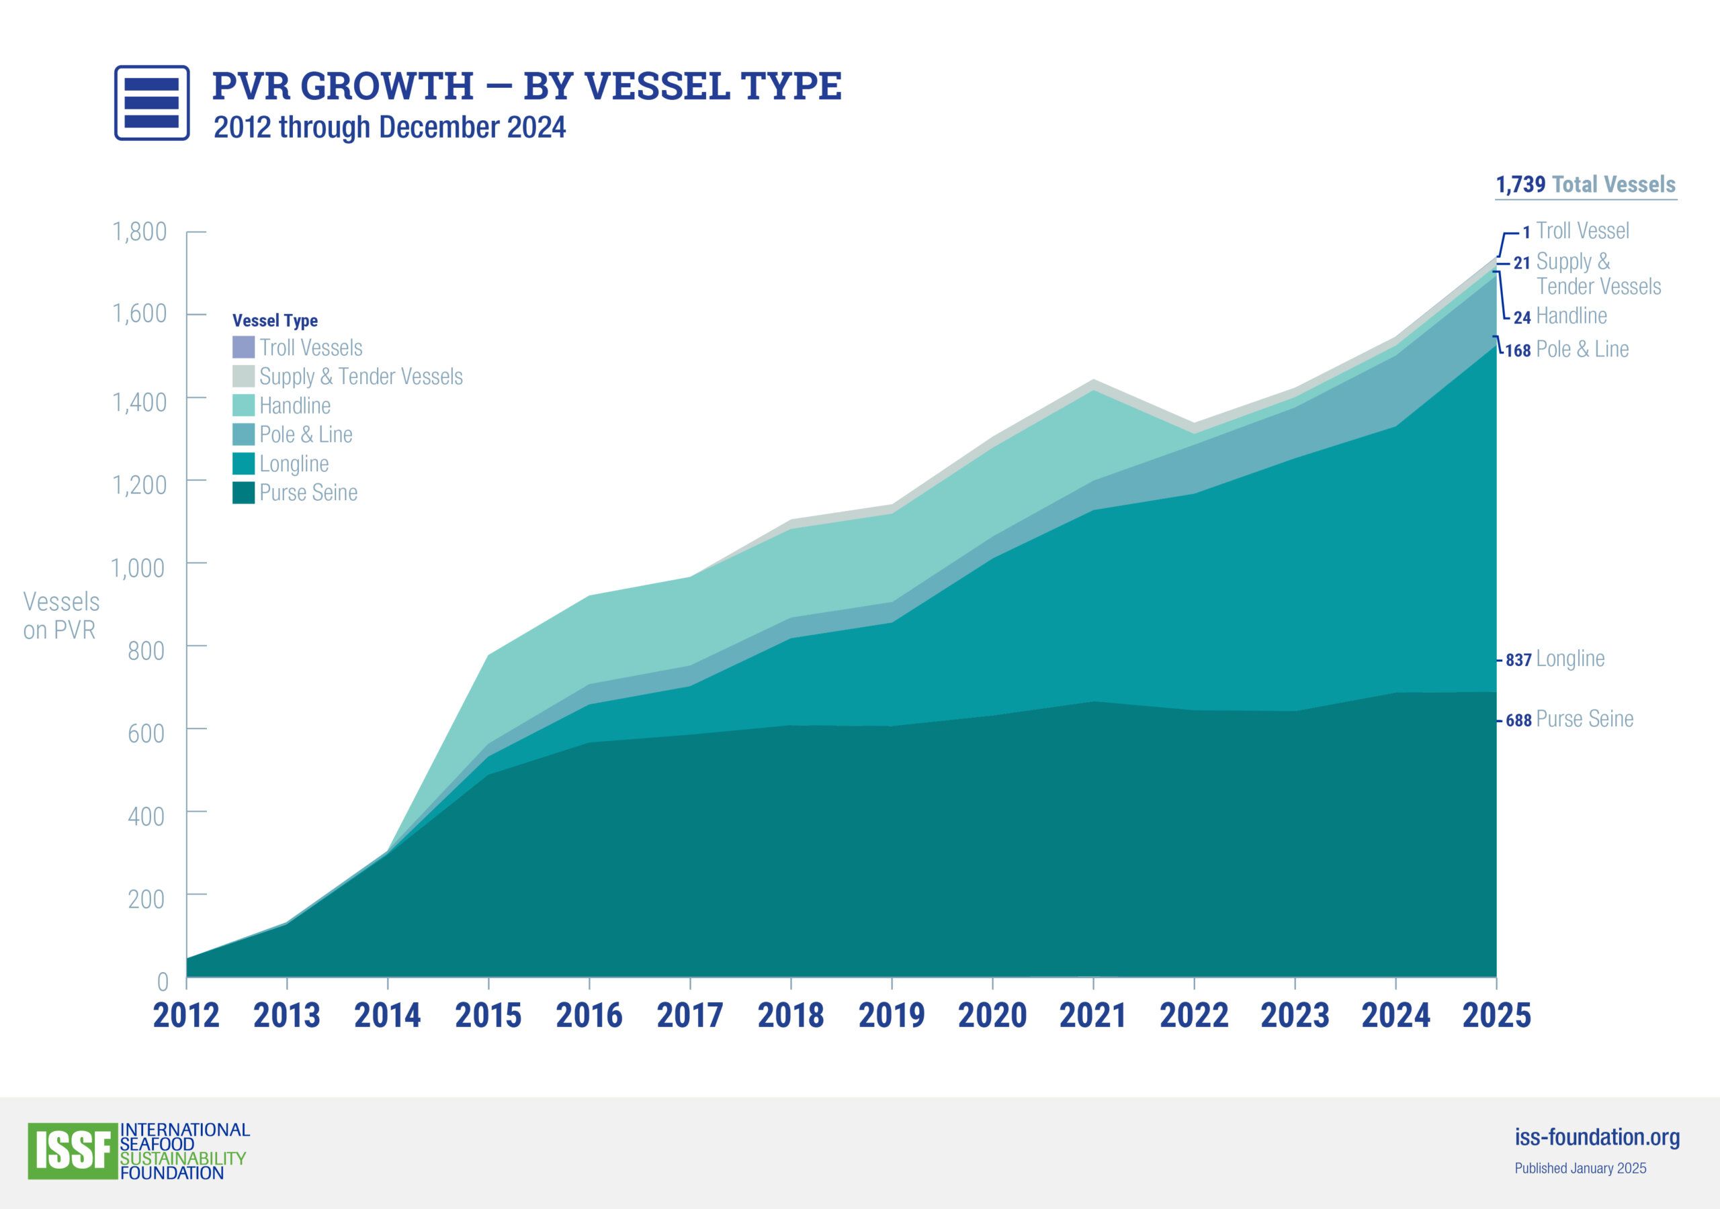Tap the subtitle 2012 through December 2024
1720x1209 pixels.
[x=390, y=128]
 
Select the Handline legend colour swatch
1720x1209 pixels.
[x=243, y=405]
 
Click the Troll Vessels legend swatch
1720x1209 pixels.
[x=243, y=347]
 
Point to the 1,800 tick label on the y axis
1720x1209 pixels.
[x=139, y=232]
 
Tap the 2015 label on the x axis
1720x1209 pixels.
[x=488, y=1016]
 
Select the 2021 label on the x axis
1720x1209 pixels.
[x=1093, y=1016]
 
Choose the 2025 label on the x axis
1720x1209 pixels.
[x=1496, y=1016]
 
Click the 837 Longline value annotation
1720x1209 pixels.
[x=1555, y=659]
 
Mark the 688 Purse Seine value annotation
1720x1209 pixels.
[x=1569, y=720]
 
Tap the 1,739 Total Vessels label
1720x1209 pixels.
[x=1585, y=185]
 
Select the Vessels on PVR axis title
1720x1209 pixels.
[x=60, y=616]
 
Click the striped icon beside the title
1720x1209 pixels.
[x=151, y=103]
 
